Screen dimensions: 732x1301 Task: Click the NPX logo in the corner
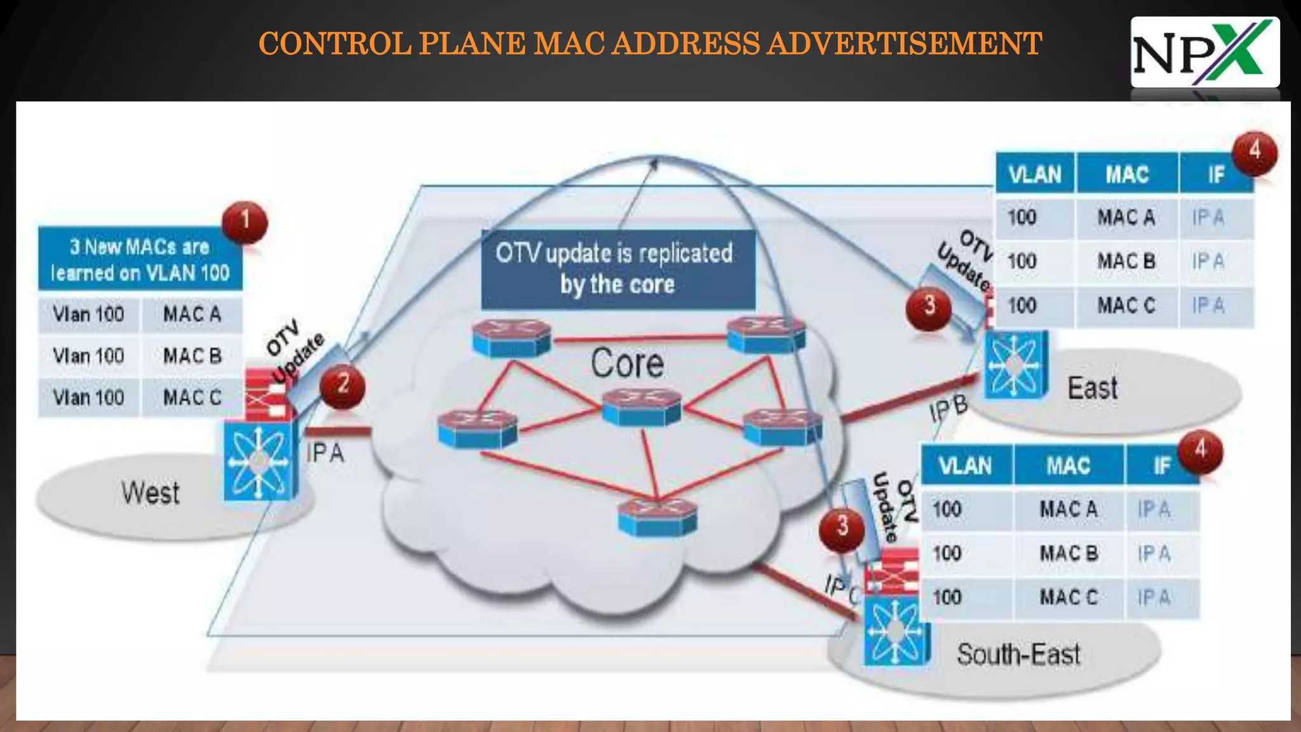1204,53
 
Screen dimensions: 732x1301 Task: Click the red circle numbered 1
245,222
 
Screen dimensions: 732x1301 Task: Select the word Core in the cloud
627,363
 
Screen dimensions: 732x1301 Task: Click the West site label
151,493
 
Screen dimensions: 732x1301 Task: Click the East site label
1092,388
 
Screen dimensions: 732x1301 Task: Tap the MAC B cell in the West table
192,356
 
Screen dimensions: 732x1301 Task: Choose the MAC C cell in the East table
1126,306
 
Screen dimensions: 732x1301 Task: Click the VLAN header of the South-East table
965,466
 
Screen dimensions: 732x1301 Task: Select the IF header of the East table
1215,174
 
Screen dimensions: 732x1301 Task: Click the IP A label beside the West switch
325,453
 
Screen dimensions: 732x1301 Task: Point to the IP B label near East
948,409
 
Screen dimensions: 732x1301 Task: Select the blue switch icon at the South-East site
896,633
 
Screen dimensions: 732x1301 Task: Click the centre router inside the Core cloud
642,407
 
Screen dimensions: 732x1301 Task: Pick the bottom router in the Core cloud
657,516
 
